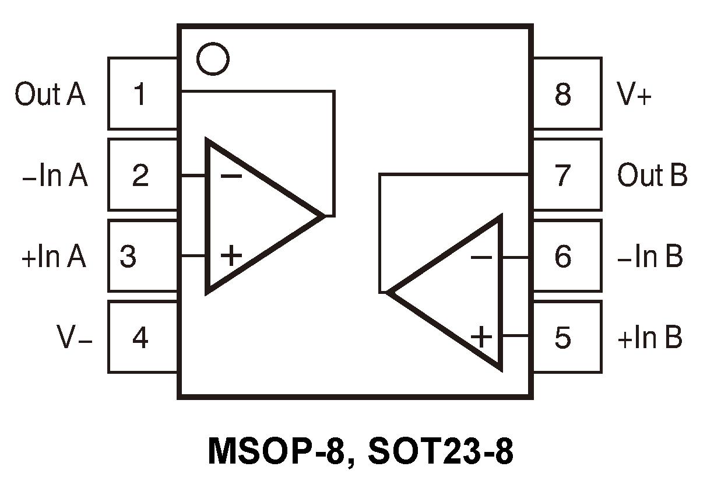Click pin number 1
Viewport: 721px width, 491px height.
click(x=140, y=94)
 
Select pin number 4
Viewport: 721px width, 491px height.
click(x=140, y=337)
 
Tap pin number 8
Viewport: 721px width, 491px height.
click(x=562, y=94)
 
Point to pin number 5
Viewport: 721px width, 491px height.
click(x=562, y=337)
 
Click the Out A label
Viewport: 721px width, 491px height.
click(x=50, y=94)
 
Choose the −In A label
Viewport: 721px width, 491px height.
click(x=54, y=176)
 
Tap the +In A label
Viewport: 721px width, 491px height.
click(x=54, y=257)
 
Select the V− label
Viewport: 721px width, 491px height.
click(x=75, y=338)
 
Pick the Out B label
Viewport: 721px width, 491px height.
click(x=652, y=176)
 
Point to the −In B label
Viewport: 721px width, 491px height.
click(x=650, y=257)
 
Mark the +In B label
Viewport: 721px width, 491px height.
click(x=650, y=338)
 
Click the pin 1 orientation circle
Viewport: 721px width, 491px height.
click(x=213, y=58)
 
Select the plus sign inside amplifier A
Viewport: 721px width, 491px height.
click(x=231, y=255)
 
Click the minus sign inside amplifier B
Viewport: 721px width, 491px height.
click(x=481, y=257)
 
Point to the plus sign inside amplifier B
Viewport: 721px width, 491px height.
click(x=481, y=336)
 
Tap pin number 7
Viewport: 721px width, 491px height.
click(x=562, y=175)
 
